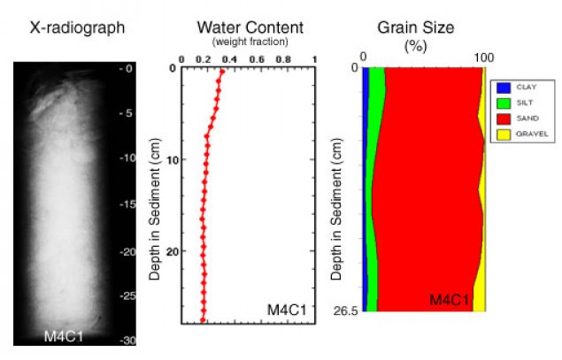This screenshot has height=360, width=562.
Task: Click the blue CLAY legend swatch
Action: click(x=502, y=88)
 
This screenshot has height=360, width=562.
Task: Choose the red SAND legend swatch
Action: click(x=502, y=119)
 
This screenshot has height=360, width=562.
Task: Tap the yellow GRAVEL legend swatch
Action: click(x=502, y=134)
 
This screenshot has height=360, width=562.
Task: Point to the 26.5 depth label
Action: click(x=344, y=310)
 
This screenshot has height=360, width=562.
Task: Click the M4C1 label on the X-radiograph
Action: click(x=64, y=334)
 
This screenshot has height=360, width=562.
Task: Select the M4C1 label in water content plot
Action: click(x=288, y=309)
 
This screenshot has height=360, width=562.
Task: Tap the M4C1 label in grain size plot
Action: click(x=450, y=301)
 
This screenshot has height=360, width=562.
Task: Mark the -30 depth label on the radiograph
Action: click(x=127, y=341)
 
